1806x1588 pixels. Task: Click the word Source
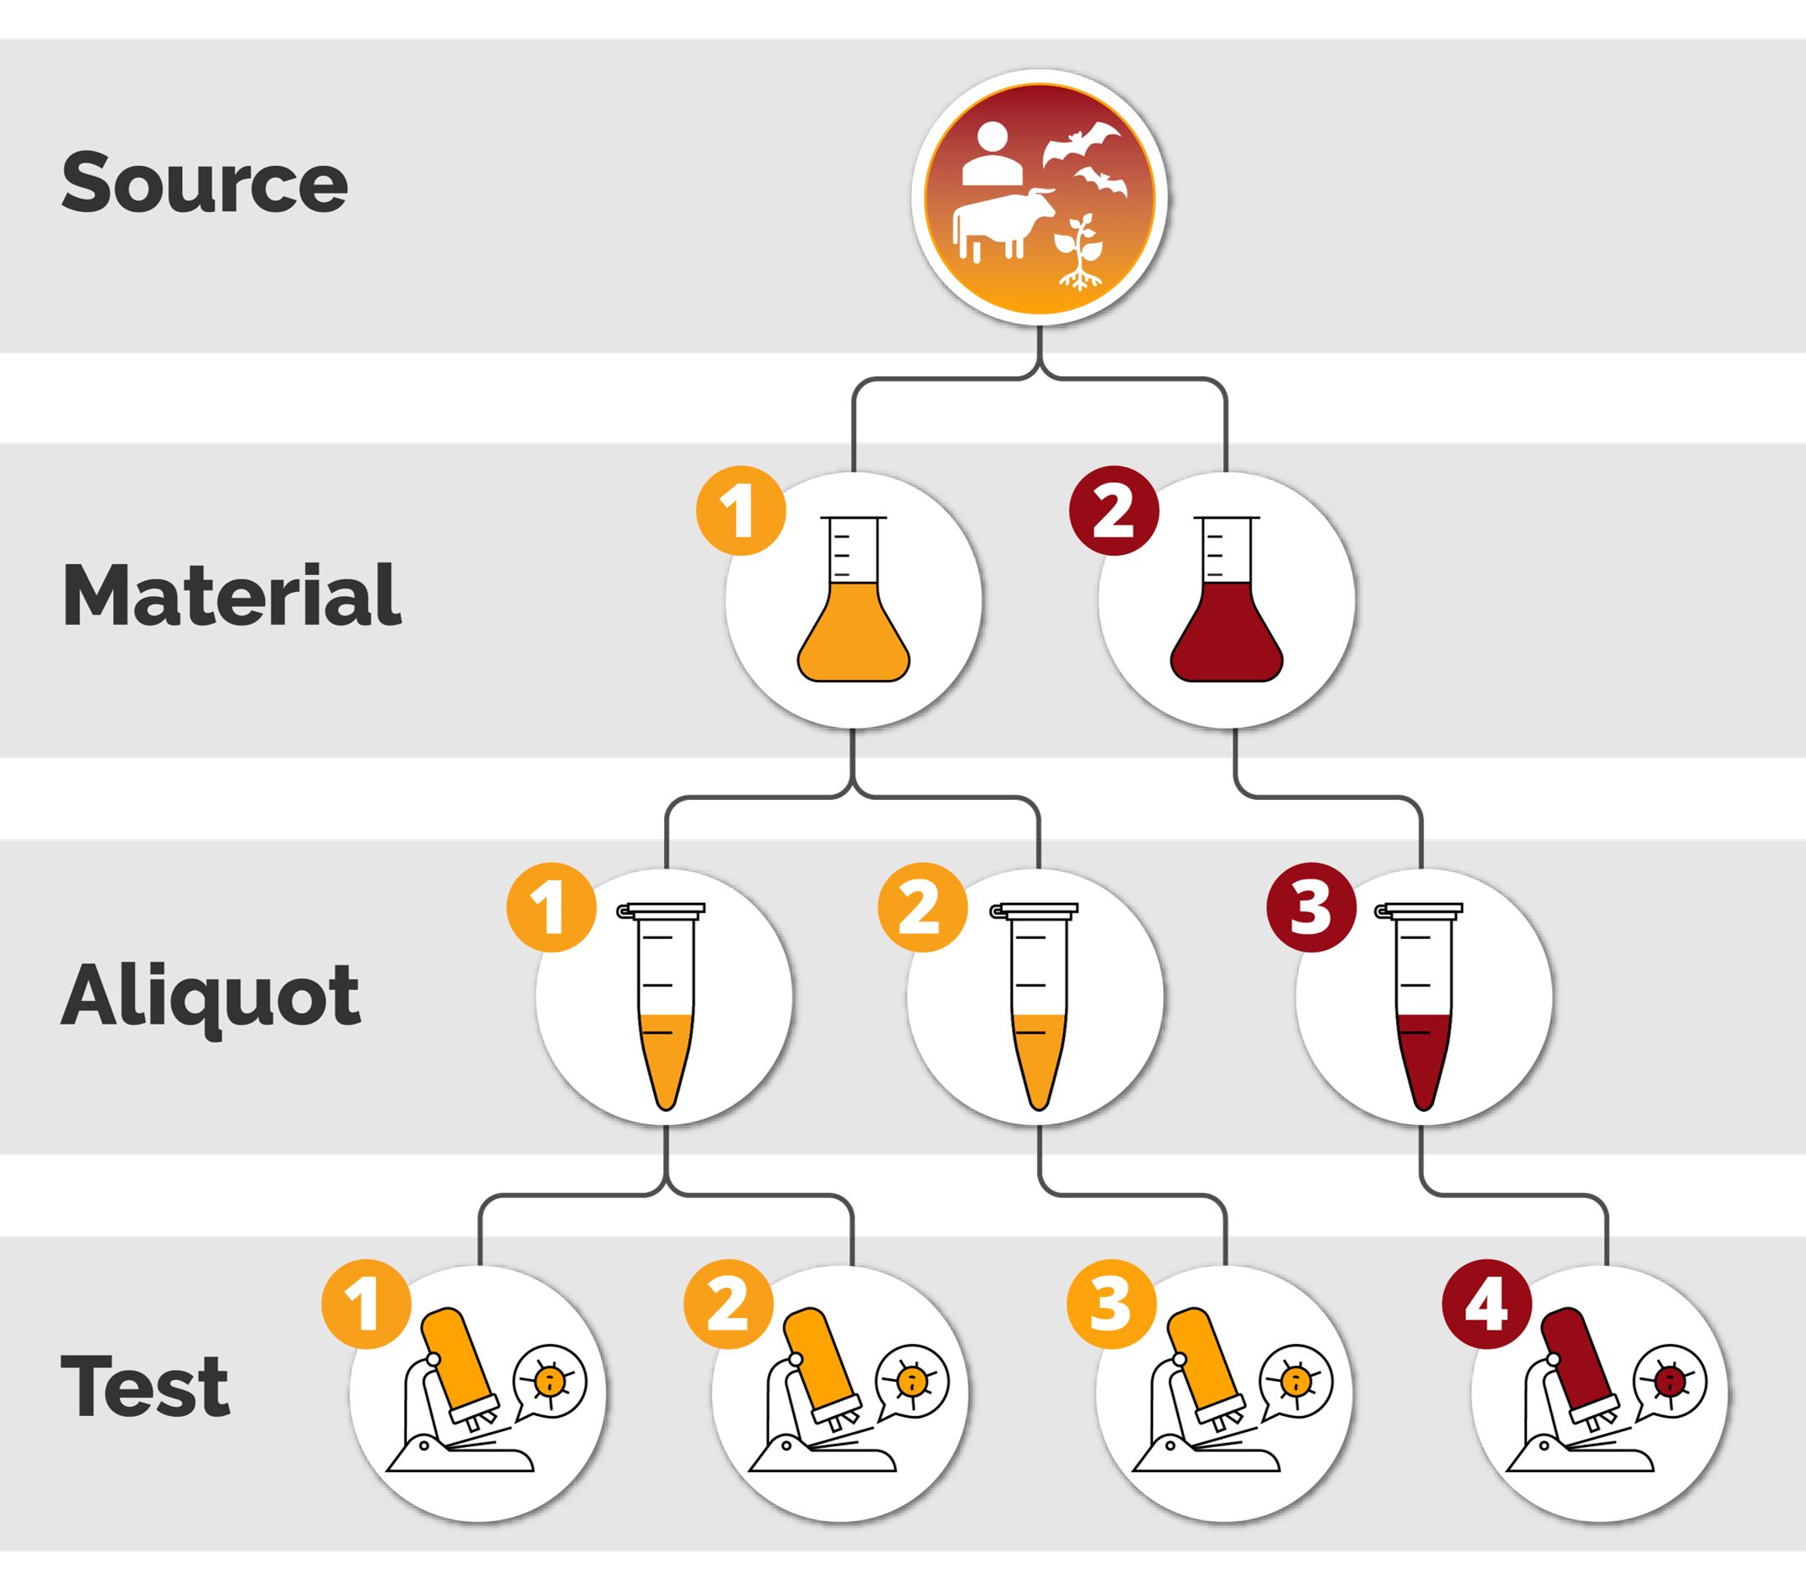pos(204,183)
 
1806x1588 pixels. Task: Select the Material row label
pos(231,595)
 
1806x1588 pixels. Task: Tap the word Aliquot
pos(210,996)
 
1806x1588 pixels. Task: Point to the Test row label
pos(145,1386)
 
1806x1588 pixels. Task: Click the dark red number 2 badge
pos(1114,511)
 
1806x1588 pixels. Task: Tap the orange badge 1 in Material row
pos(740,511)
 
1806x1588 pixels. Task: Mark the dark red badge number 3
pos(1311,907)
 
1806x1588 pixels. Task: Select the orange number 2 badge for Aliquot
pos(921,907)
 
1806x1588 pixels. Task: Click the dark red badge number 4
pos(1487,1305)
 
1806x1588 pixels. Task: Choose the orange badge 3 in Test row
pos(1112,1305)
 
